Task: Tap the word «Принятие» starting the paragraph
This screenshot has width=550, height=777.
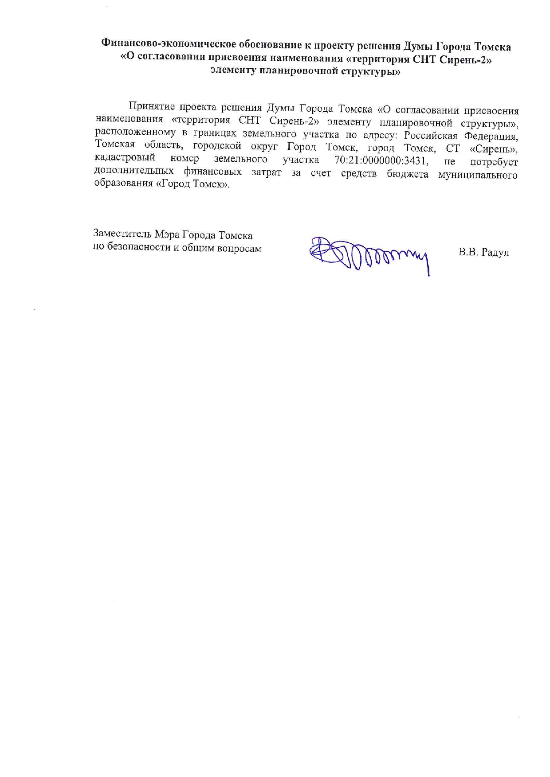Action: (x=149, y=107)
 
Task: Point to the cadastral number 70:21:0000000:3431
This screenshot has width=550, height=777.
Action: (x=381, y=160)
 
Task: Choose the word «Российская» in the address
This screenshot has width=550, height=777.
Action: (x=430, y=135)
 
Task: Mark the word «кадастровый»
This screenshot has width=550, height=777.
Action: (x=125, y=158)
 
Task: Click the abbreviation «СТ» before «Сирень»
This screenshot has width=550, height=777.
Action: (x=453, y=148)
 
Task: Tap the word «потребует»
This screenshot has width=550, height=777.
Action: (x=494, y=162)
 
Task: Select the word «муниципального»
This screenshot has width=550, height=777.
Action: (x=478, y=175)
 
